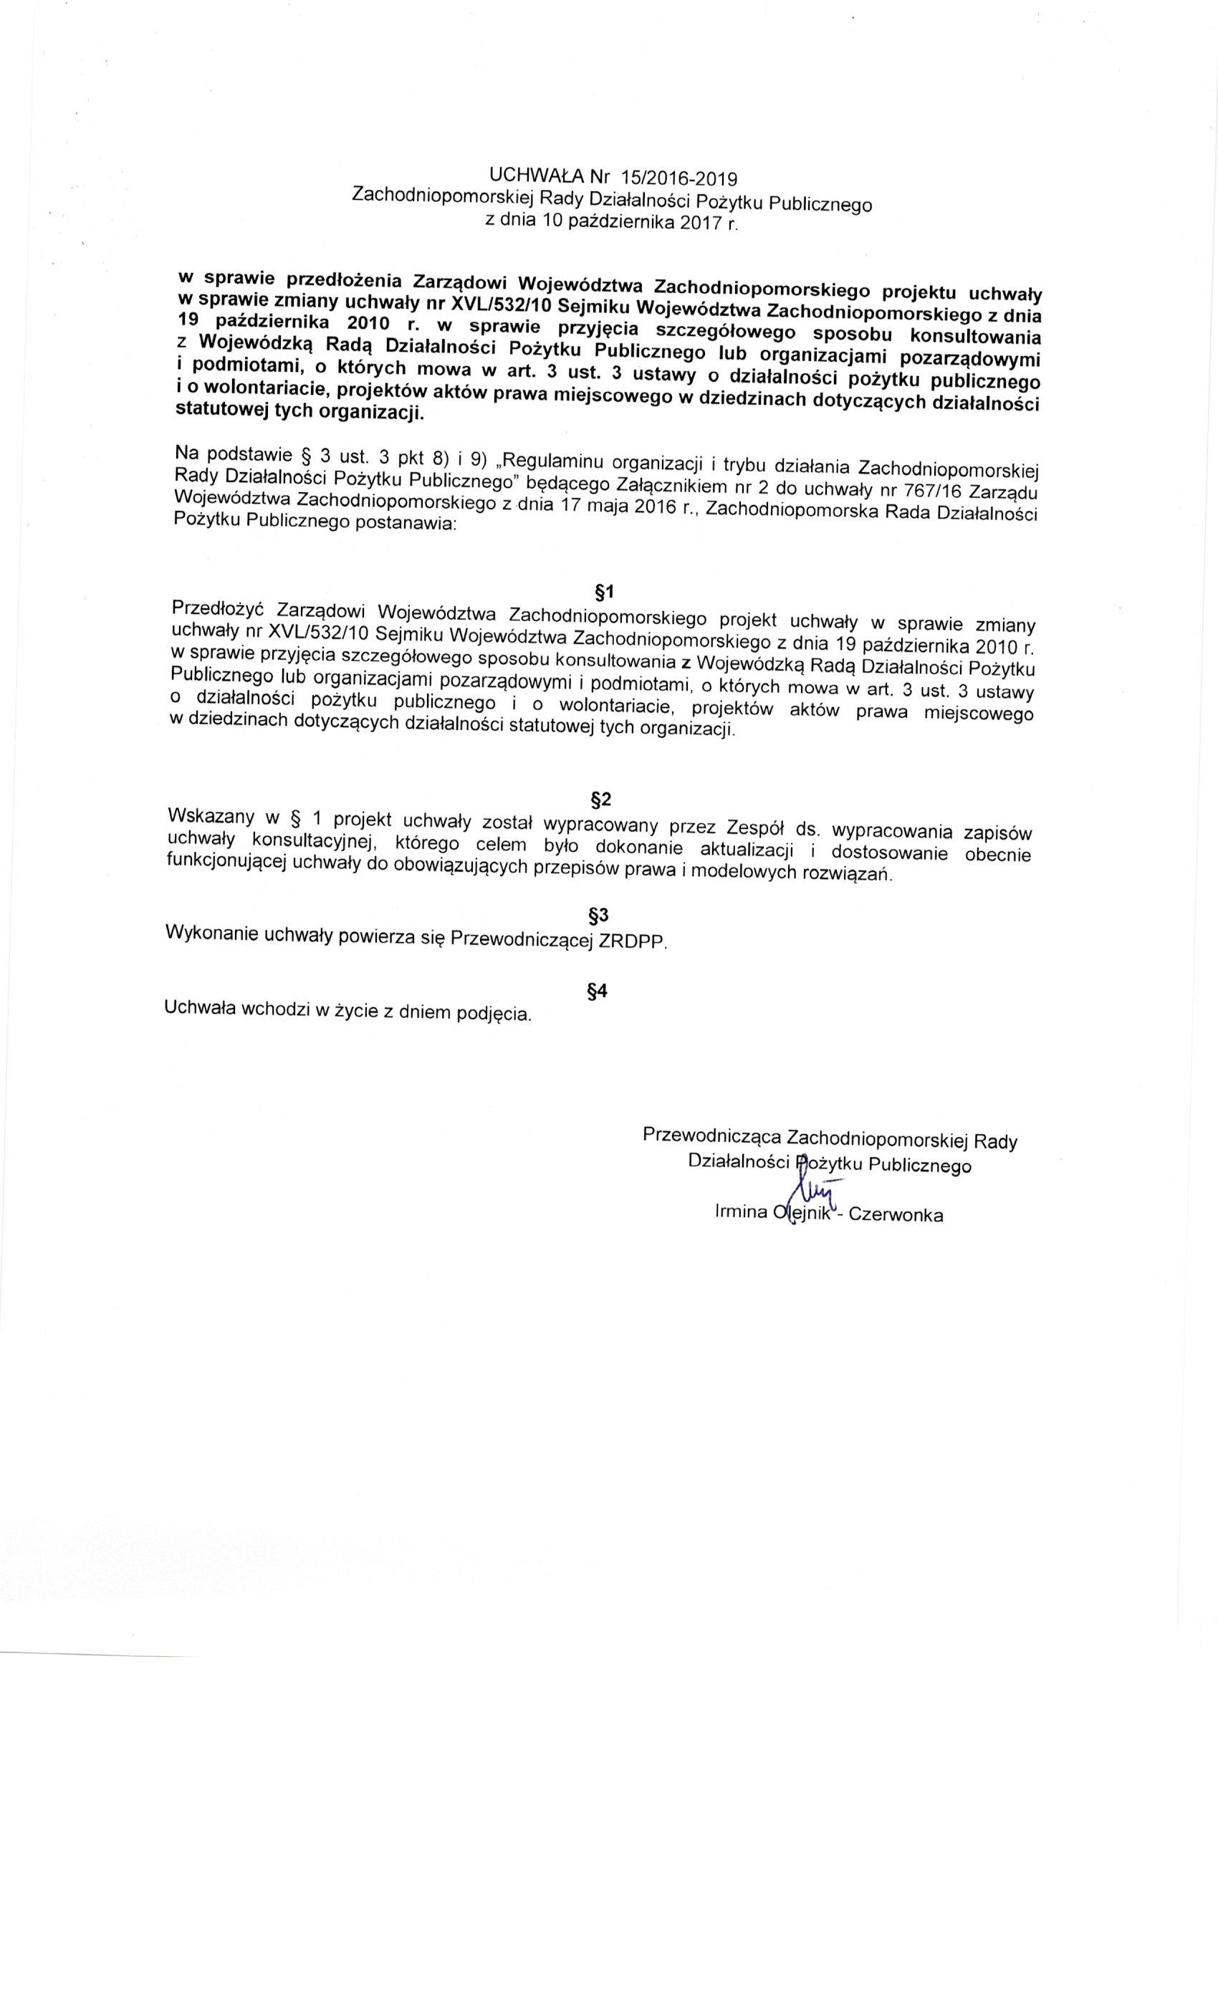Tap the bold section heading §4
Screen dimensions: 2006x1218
pos(598,991)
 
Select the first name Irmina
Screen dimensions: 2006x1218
pos(739,1211)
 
